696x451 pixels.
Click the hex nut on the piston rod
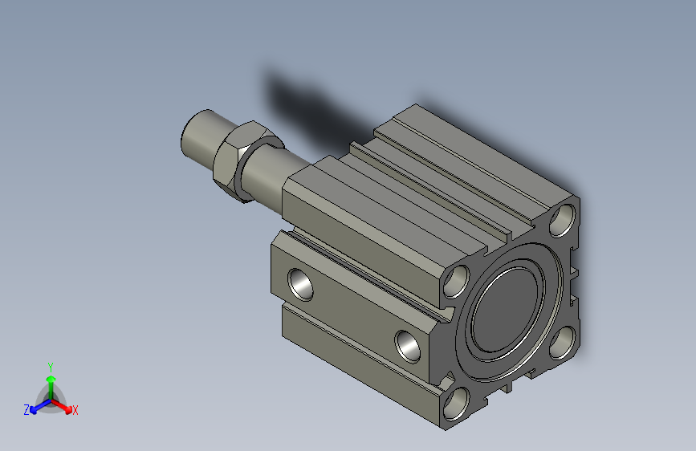pyautogui.click(x=229, y=160)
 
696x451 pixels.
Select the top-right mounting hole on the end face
pyautogui.click(x=563, y=220)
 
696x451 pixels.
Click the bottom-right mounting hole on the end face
pyautogui.click(x=563, y=342)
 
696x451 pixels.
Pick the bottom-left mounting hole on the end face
pyautogui.click(x=456, y=404)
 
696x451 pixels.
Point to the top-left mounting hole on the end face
pyautogui.click(x=456, y=282)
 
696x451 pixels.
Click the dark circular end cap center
pyautogui.click(x=505, y=311)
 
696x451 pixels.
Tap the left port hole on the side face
pyautogui.click(x=300, y=285)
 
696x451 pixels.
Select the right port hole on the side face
pyautogui.click(x=408, y=346)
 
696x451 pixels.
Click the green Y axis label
pyautogui.click(x=51, y=368)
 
